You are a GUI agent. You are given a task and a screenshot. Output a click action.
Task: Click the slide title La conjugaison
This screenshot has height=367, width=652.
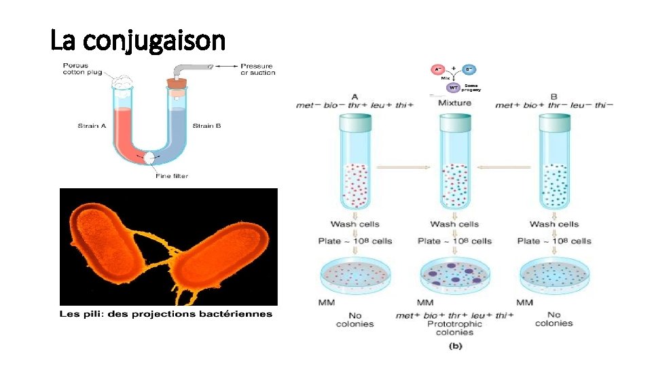(138, 41)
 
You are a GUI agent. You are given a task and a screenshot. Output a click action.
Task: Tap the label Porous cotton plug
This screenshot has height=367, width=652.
(84, 69)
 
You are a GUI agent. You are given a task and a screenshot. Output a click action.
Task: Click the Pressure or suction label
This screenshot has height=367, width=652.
(257, 69)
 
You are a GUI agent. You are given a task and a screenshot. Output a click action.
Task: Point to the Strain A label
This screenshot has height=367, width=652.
(92, 125)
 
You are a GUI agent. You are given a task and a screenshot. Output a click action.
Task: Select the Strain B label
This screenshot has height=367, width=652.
(206, 125)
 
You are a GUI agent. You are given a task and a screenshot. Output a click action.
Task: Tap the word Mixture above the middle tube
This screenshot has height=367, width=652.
(454, 103)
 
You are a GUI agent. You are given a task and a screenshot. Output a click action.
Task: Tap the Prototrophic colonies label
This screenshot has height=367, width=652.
(454, 328)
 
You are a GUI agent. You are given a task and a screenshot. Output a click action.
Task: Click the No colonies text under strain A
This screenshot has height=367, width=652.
(355, 319)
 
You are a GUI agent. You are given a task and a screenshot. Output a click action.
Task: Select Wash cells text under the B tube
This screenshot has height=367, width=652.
(554, 224)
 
